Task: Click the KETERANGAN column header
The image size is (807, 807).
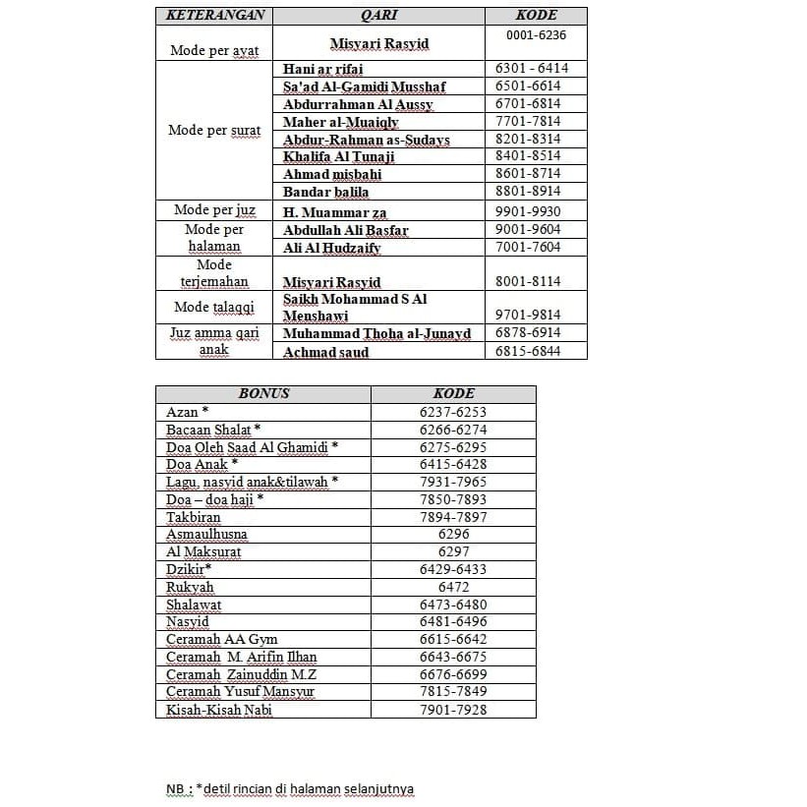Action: (213, 16)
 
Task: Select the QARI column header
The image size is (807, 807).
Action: (378, 16)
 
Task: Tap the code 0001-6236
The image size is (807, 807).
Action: (536, 34)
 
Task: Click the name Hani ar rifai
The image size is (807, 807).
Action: (322, 69)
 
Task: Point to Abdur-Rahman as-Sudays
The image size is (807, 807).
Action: (366, 140)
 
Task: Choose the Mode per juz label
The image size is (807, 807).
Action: (213, 209)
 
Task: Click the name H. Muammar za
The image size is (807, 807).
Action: (335, 212)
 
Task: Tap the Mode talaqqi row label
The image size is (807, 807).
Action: (213, 307)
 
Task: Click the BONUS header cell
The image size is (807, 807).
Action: (263, 393)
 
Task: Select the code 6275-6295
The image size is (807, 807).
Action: (452, 447)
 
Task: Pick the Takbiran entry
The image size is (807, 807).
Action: (193, 517)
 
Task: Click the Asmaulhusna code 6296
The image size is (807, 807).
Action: (453, 535)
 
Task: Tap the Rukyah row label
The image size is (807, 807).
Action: (190, 588)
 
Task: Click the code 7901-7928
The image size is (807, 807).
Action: (452, 710)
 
